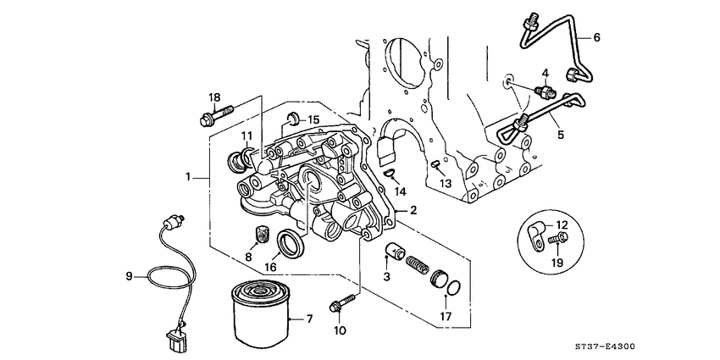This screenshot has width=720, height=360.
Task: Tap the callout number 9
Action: click(130, 275)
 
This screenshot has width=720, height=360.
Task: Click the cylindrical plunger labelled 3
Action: click(394, 252)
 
